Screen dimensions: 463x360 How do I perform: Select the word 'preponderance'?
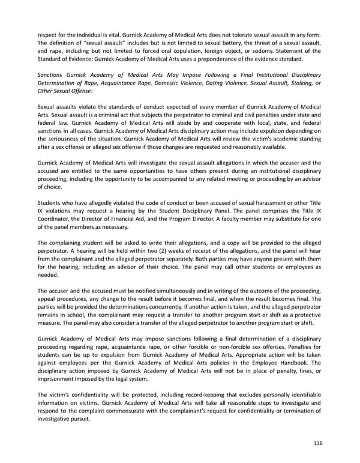click(226, 59)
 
